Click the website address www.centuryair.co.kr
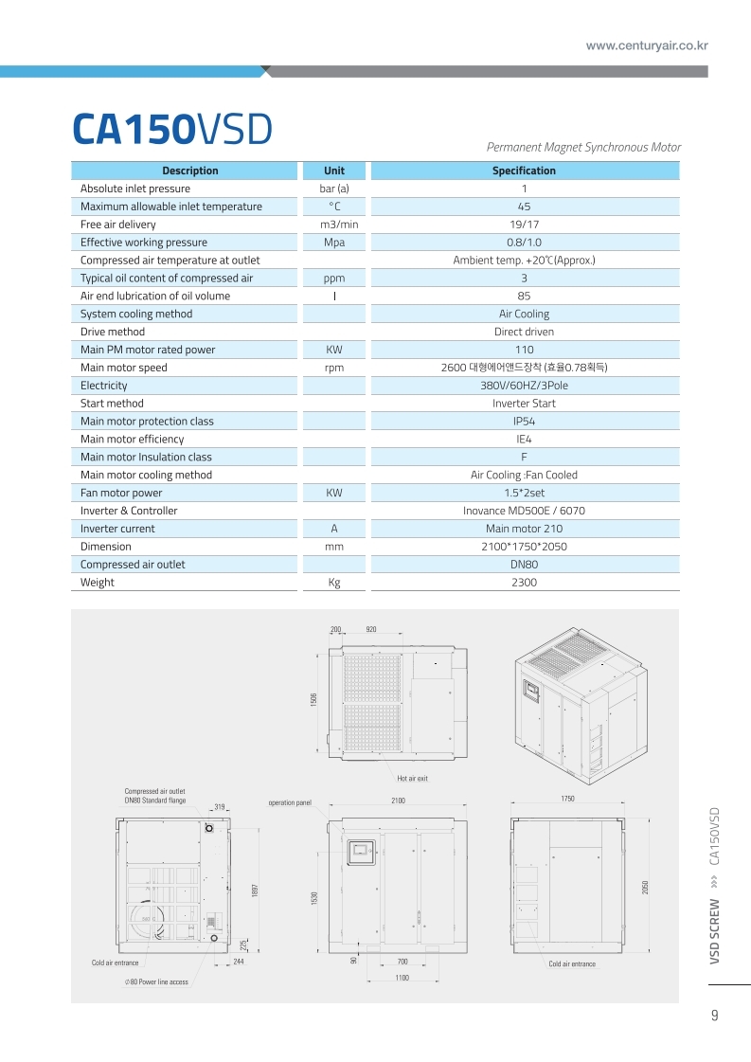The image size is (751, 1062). (x=647, y=45)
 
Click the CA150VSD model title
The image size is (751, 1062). (x=172, y=130)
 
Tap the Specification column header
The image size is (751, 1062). (x=524, y=171)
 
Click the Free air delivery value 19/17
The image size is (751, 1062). (x=524, y=225)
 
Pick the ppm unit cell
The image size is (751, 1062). (x=333, y=279)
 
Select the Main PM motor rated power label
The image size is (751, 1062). (x=148, y=350)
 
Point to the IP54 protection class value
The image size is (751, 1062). (x=524, y=422)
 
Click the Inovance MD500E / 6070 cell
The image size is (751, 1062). (x=524, y=511)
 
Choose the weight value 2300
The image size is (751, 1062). (x=524, y=583)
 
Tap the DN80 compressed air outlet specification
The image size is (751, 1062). (x=524, y=565)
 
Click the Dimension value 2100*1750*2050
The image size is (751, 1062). (x=524, y=547)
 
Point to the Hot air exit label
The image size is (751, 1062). (x=412, y=778)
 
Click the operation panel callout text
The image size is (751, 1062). (x=289, y=802)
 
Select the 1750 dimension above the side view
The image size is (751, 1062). (x=567, y=800)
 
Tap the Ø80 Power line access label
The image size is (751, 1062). (x=156, y=981)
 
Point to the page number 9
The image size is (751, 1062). (x=714, y=1017)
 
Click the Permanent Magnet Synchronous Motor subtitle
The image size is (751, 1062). (x=583, y=147)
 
